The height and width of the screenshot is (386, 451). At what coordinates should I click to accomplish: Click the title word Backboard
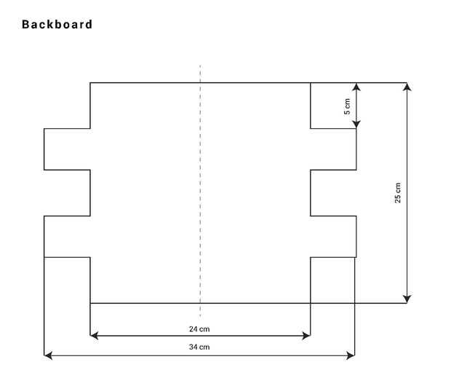click(57, 24)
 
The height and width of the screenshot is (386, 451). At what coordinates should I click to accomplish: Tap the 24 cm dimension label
click(199, 329)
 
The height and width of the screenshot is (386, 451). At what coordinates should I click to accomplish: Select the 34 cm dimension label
click(199, 347)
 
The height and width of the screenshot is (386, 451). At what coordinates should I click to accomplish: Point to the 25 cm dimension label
click(397, 193)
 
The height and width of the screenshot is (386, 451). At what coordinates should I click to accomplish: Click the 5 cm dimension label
click(347, 106)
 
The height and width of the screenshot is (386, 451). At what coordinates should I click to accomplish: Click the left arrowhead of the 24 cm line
click(94, 336)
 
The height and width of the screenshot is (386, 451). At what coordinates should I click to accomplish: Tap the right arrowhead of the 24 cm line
click(306, 336)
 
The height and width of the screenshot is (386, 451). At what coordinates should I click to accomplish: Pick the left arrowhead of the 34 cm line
click(48, 355)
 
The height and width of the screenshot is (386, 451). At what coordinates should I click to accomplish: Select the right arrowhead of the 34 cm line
click(351, 355)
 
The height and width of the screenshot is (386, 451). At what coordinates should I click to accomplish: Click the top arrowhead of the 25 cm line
click(407, 87)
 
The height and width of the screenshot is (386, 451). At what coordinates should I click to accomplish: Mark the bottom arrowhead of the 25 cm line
click(407, 299)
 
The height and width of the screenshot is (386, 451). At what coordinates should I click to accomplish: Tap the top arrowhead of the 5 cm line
click(356, 87)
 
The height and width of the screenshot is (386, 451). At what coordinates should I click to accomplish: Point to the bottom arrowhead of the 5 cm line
click(356, 125)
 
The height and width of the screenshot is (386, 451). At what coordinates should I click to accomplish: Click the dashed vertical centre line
click(200, 191)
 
